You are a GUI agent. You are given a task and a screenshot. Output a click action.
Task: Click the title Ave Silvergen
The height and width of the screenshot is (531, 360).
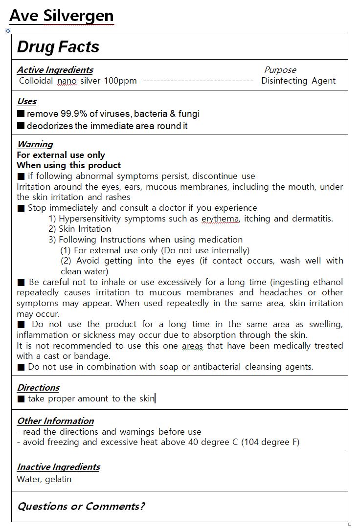tap(61, 16)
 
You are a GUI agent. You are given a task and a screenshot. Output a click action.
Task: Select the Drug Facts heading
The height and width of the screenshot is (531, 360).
tap(58, 47)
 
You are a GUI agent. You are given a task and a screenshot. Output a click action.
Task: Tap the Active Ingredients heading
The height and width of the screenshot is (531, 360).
tap(55, 70)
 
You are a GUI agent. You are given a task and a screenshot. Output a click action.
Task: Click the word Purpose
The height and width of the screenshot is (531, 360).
tap(280, 70)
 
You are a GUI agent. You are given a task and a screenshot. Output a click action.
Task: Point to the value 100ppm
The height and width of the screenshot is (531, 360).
tap(120, 81)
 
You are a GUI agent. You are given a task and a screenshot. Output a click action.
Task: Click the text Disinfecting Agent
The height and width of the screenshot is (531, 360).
tap(298, 81)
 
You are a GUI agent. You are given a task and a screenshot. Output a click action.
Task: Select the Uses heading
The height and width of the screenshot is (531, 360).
tap(26, 101)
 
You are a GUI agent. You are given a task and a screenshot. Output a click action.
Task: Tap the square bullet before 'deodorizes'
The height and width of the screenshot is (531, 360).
tap(21, 126)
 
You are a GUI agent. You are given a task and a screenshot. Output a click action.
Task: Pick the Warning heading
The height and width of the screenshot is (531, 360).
tap(35, 144)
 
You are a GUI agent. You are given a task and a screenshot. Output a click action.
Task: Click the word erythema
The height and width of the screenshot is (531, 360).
tap(220, 219)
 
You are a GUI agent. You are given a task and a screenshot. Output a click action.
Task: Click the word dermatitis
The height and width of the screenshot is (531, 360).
tap(312, 219)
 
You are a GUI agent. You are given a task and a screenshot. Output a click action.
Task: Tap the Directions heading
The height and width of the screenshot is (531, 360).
tap(38, 388)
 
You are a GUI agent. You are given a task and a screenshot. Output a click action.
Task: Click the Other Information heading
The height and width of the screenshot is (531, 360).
tap(55, 421)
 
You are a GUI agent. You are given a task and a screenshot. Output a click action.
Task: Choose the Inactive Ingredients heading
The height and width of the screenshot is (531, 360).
tap(58, 467)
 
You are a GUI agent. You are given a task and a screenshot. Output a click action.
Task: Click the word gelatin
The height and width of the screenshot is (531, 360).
tap(58, 479)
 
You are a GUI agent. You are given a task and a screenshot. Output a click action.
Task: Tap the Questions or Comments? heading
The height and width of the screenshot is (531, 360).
tap(81, 506)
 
